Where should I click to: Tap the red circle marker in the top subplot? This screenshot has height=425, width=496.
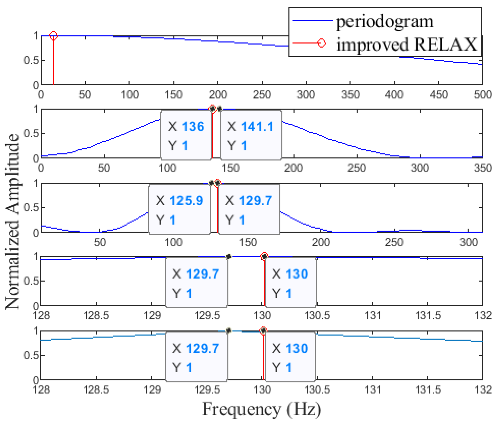pos(53,36)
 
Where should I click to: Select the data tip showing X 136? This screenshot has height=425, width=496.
pos(186,135)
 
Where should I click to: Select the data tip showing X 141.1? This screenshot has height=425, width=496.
pos(251,135)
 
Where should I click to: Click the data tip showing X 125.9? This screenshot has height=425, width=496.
pos(179,210)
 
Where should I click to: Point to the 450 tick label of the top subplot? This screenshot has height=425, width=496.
pos(439,95)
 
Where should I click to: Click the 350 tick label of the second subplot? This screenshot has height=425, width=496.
pos(483,168)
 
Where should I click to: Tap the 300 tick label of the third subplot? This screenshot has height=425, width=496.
pos(468,242)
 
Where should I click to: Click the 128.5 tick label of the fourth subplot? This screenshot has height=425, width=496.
pos(96,315)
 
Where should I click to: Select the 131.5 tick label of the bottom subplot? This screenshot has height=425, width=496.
pos(428,390)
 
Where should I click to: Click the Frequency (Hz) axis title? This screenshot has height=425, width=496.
pos(261,409)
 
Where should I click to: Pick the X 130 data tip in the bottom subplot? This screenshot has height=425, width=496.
pos(290,357)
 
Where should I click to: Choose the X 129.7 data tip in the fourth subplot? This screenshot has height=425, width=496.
pos(196,283)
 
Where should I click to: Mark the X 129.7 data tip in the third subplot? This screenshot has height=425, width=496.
pos(249,210)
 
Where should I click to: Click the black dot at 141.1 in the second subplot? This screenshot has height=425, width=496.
pos(220,109)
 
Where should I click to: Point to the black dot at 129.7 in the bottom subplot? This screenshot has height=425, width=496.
pos(229,331)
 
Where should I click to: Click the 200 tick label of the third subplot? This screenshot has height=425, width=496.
pos(320,242)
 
